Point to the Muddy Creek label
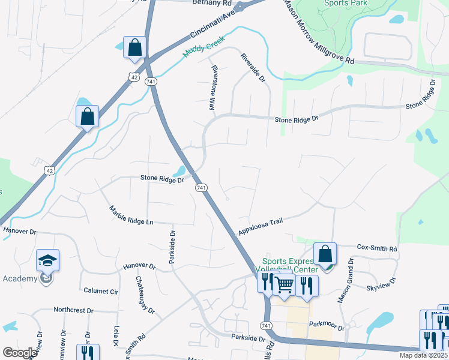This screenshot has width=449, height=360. click(x=203, y=46)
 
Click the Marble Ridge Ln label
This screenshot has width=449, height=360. click(x=131, y=215)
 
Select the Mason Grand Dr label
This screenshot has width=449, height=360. click(x=345, y=280)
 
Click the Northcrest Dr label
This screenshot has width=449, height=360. click(x=73, y=310)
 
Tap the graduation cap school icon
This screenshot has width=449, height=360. click(x=47, y=261)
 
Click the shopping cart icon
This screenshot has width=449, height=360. click(x=285, y=286)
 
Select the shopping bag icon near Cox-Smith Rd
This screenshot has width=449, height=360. click(x=325, y=254)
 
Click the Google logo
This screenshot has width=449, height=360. click(x=20, y=353)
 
